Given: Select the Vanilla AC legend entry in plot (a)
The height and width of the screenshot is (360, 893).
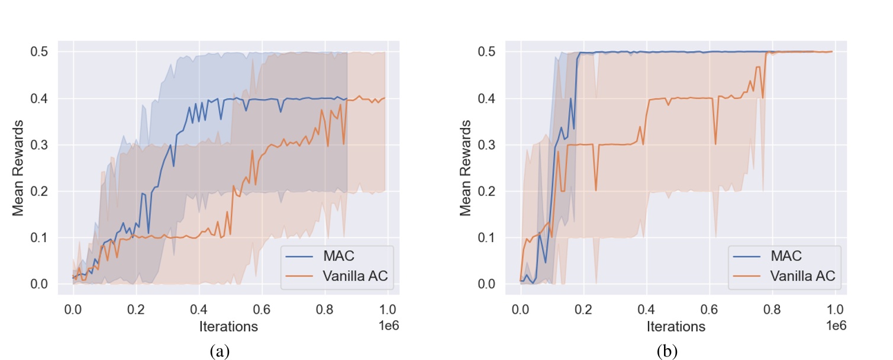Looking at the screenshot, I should (x=357, y=275).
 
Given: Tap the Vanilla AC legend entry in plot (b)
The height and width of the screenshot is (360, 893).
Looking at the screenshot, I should (x=805, y=275).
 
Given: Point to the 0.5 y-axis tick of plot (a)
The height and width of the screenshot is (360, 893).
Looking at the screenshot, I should (x=40, y=52).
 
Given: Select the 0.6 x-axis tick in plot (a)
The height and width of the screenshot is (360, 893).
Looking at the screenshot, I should (x=262, y=309).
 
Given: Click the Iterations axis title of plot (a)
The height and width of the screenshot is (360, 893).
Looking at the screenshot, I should (x=228, y=326).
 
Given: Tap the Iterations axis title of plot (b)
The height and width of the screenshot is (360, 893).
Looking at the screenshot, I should (x=676, y=326).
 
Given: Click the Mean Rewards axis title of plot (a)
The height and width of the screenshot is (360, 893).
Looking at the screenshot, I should (x=18, y=168).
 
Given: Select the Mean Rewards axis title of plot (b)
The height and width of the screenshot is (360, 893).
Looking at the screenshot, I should (x=466, y=168).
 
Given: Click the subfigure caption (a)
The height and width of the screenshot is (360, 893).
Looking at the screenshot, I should (x=220, y=351).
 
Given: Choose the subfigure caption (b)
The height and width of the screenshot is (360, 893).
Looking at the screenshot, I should (x=668, y=351).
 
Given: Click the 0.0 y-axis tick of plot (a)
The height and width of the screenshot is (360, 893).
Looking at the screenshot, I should (x=40, y=284).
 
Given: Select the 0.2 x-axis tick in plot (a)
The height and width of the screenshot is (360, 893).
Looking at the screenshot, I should (x=136, y=309).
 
